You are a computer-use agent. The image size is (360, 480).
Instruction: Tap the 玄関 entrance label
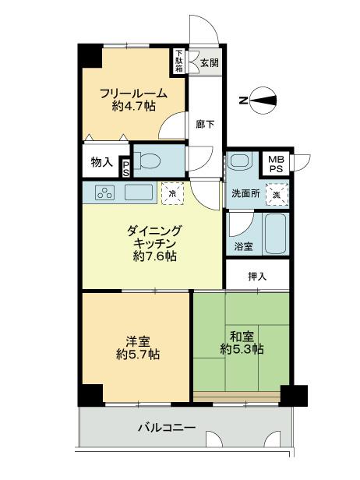coord(209,63)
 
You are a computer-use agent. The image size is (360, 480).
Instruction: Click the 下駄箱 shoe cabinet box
coord(178,61)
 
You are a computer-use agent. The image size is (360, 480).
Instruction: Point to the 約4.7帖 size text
coord(133,108)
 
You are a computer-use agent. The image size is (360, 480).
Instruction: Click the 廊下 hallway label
coord(205,122)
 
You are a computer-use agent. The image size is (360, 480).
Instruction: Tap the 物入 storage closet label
coord(101,163)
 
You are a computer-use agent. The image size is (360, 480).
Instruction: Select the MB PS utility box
coord(276,164)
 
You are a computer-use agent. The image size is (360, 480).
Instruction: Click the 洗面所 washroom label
coord(243,193)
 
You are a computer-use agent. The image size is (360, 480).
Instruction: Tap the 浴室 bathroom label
coord(243,247)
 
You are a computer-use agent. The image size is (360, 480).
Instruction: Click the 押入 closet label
coord(257,276)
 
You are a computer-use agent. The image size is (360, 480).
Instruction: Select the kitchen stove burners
coord(105,192)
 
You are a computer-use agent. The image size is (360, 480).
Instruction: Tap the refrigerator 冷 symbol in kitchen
coord(172,192)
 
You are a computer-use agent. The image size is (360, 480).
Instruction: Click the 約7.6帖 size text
coord(154,257)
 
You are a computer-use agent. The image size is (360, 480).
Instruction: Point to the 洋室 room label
coord(137,341)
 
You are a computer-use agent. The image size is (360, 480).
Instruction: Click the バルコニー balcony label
coord(167,427)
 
